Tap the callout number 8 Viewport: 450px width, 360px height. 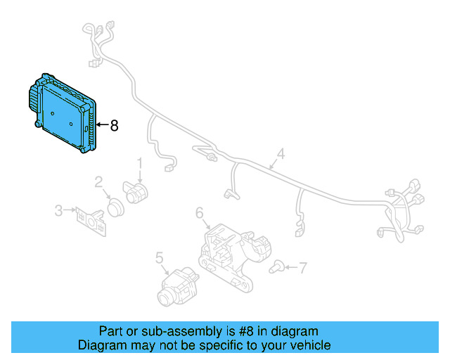[113, 126]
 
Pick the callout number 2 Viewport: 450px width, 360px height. [99, 182]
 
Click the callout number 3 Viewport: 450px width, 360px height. [59, 210]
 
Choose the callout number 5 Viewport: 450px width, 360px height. [159, 257]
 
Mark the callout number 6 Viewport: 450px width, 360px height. [199, 212]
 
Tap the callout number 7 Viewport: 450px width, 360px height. [303, 267]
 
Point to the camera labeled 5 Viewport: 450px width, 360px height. [176, 286]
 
